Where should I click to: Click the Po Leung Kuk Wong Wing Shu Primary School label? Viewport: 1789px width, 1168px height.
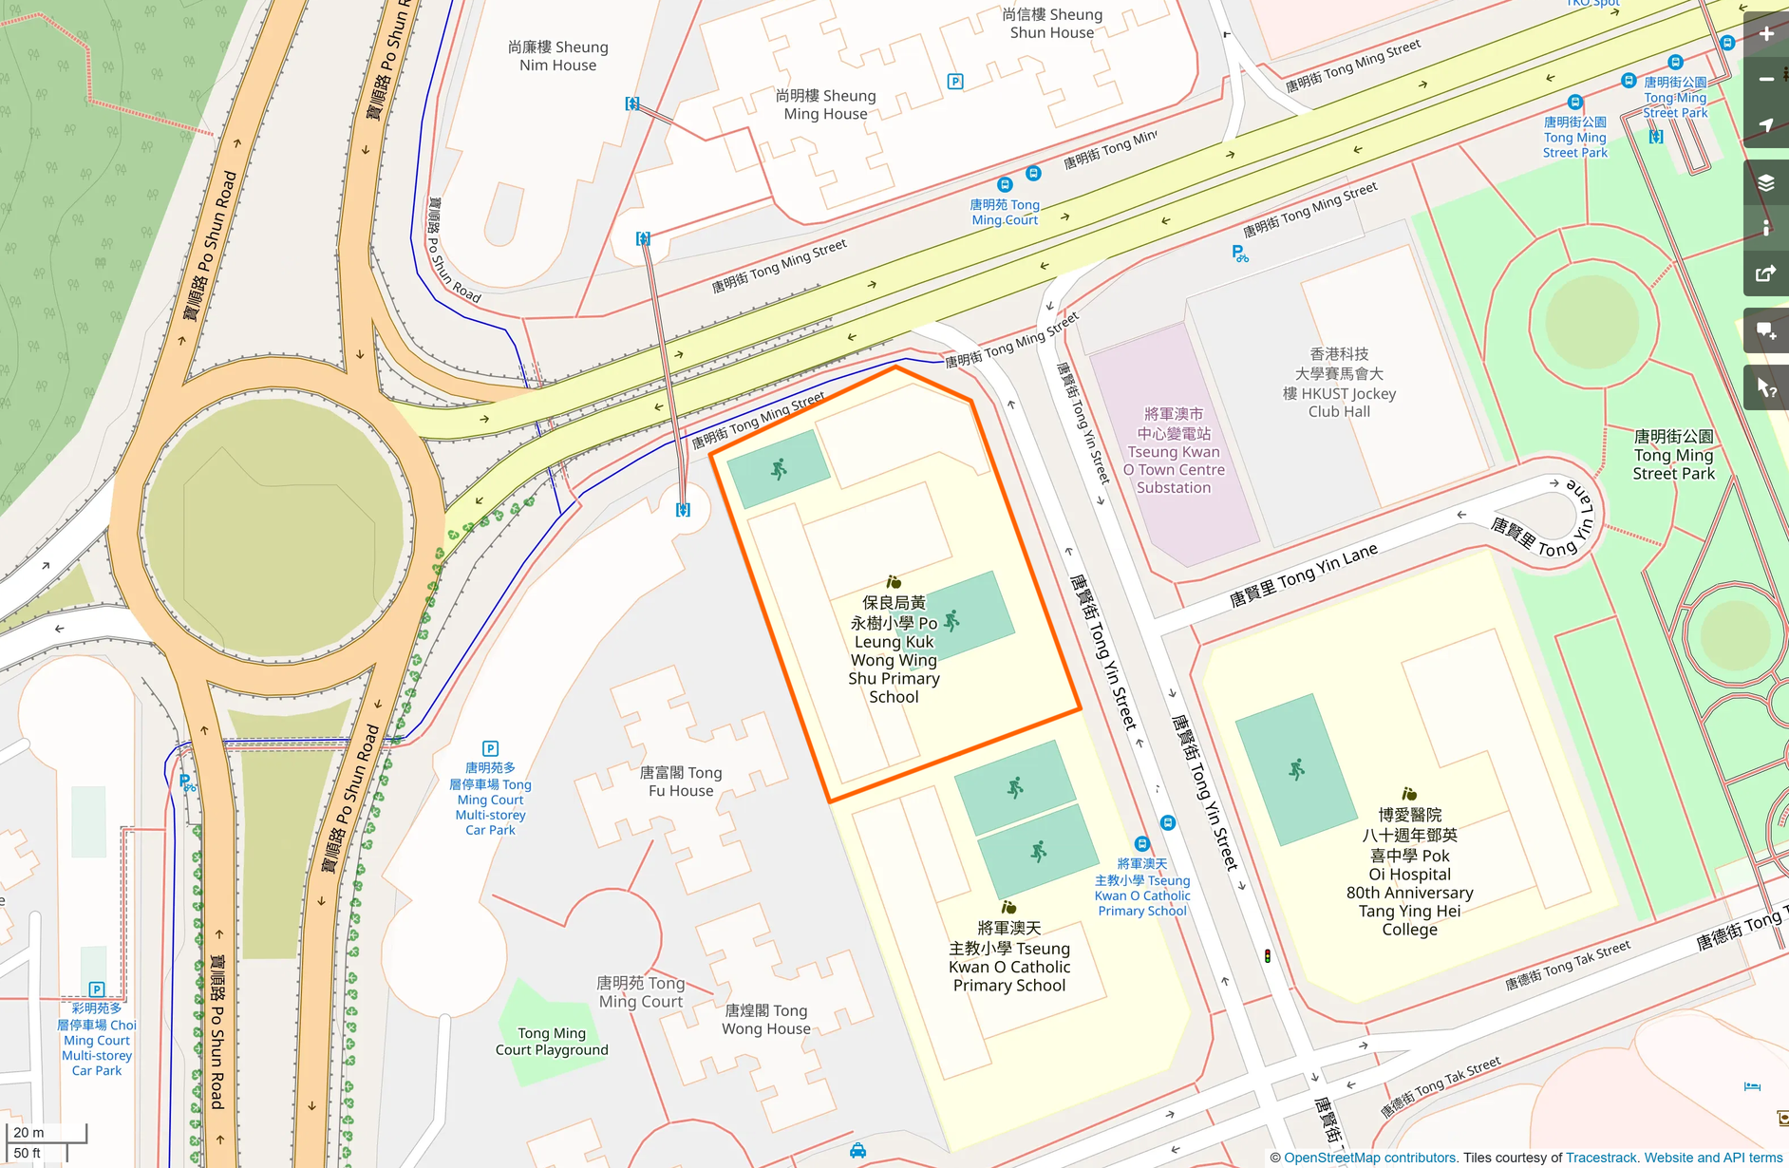(894, 650)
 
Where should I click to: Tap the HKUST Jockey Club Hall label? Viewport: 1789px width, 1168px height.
(1339, 383)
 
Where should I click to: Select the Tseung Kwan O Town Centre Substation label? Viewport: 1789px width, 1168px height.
(1174, 451)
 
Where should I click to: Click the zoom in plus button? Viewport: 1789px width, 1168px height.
(1766, 34)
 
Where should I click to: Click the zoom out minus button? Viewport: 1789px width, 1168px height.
(1766, 80)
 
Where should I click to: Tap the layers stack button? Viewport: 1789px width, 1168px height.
(1766, 182)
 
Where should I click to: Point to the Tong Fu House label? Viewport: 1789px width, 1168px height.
(681, 782)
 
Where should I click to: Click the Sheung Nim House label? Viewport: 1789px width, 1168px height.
(557, 56)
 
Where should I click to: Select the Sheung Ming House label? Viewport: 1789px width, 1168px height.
(825, 104)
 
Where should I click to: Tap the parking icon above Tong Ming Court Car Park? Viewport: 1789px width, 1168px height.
(490, 748)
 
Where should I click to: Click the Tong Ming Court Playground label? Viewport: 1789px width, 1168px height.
(552, 1042)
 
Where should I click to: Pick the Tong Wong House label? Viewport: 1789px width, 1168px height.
(766, 1020)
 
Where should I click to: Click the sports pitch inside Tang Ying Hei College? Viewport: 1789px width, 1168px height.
(1296, 770)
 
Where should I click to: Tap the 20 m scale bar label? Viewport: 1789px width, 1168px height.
(29, 1132)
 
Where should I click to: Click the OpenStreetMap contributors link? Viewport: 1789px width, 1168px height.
(1369, 1158)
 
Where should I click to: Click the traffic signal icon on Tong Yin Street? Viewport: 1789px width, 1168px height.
(1267, 956)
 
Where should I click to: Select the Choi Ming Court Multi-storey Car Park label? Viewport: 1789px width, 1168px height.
(97, 1040)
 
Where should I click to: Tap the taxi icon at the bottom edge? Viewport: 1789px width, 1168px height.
(857, 1151)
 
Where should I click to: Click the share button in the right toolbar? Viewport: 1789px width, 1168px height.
(1766, 273)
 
